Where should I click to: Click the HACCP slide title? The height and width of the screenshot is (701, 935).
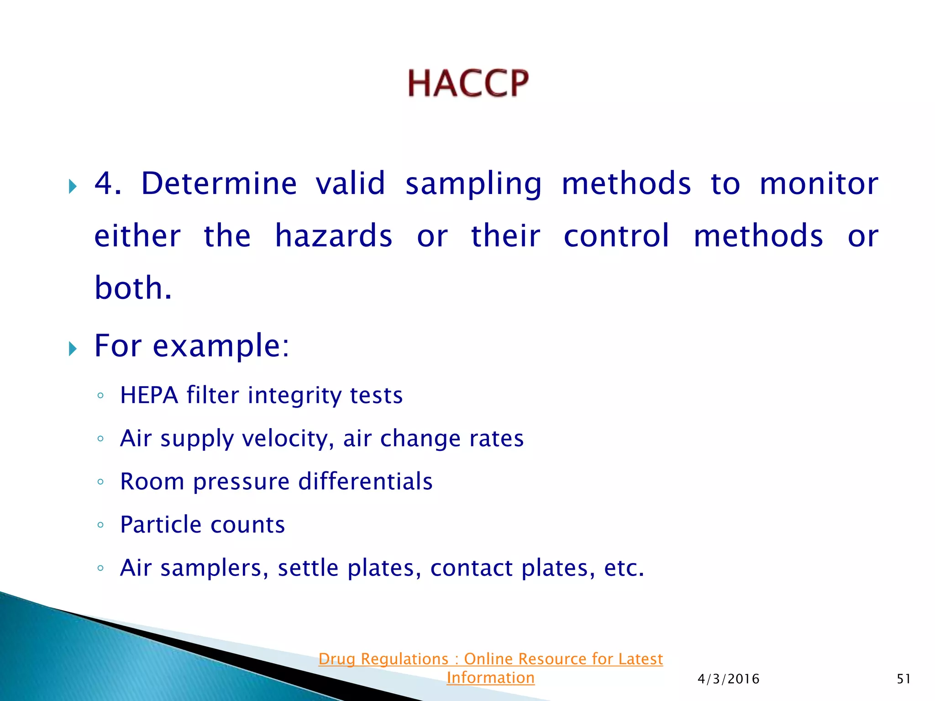tap(468, 84)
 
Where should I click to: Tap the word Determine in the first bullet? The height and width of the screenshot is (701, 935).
tap(219, 183)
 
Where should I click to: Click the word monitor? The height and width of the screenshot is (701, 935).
tap(819, 183)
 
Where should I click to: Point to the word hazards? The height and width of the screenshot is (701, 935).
tap(334, 236)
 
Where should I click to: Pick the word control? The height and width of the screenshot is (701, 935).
tap(616, 236)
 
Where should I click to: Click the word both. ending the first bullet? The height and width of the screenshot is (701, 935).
tap(133, 288)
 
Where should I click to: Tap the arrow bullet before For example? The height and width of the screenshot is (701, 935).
tap(73, 349)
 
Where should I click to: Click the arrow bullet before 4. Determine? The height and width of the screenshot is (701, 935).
tap(73, 186)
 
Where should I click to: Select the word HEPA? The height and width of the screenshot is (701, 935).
tap(149, 395)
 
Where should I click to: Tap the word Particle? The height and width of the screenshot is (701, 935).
tap(160, 524)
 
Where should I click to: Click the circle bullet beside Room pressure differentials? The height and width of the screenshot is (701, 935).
tap(100, 482)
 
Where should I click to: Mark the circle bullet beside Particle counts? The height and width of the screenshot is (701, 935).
tap(100, 525)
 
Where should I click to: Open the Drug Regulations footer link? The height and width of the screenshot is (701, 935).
tap(490, 659)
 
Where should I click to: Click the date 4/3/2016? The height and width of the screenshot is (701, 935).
tap(728, 679)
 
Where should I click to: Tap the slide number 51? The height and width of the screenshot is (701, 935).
tap(903, 679)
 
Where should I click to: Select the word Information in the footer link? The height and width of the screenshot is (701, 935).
tap(490, 678)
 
